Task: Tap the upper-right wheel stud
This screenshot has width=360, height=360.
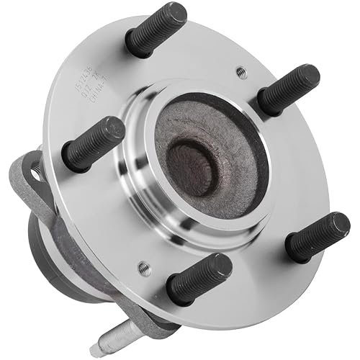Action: [288, 89]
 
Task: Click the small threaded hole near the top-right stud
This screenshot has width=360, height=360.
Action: [241, 73]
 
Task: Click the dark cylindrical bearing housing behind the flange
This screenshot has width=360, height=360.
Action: [54, 245]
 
